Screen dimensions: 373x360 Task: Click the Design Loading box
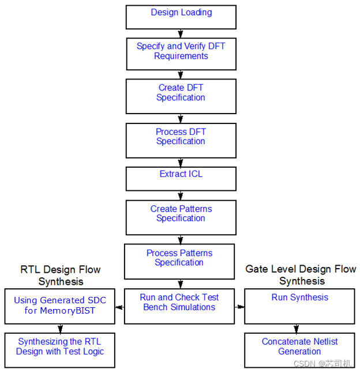pos(181,17)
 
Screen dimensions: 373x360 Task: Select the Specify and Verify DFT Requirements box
pos(181,54)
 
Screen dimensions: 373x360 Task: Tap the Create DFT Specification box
pos(181,96)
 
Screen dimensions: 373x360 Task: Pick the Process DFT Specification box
pos(181,140)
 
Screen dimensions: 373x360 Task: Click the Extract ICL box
pos(181,179)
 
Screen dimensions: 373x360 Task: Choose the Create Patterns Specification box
pos(181,217)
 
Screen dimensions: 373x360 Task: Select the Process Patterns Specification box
pos(179,261)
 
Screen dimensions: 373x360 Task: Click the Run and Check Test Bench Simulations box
pos(179,306)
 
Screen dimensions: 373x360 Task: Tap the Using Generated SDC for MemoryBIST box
pos(60,306)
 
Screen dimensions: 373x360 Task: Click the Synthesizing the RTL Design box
pos(60,350)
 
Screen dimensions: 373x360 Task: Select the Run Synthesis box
pos(299,306)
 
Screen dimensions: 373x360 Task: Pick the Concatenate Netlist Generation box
pos(299,350)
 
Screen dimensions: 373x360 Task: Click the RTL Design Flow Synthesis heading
pos(61,276)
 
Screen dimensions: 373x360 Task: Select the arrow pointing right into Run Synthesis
pos(240,307)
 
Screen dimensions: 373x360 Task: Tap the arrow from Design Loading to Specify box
pos(181,33)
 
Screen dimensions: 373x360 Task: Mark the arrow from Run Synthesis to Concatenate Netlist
pos(297,329)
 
